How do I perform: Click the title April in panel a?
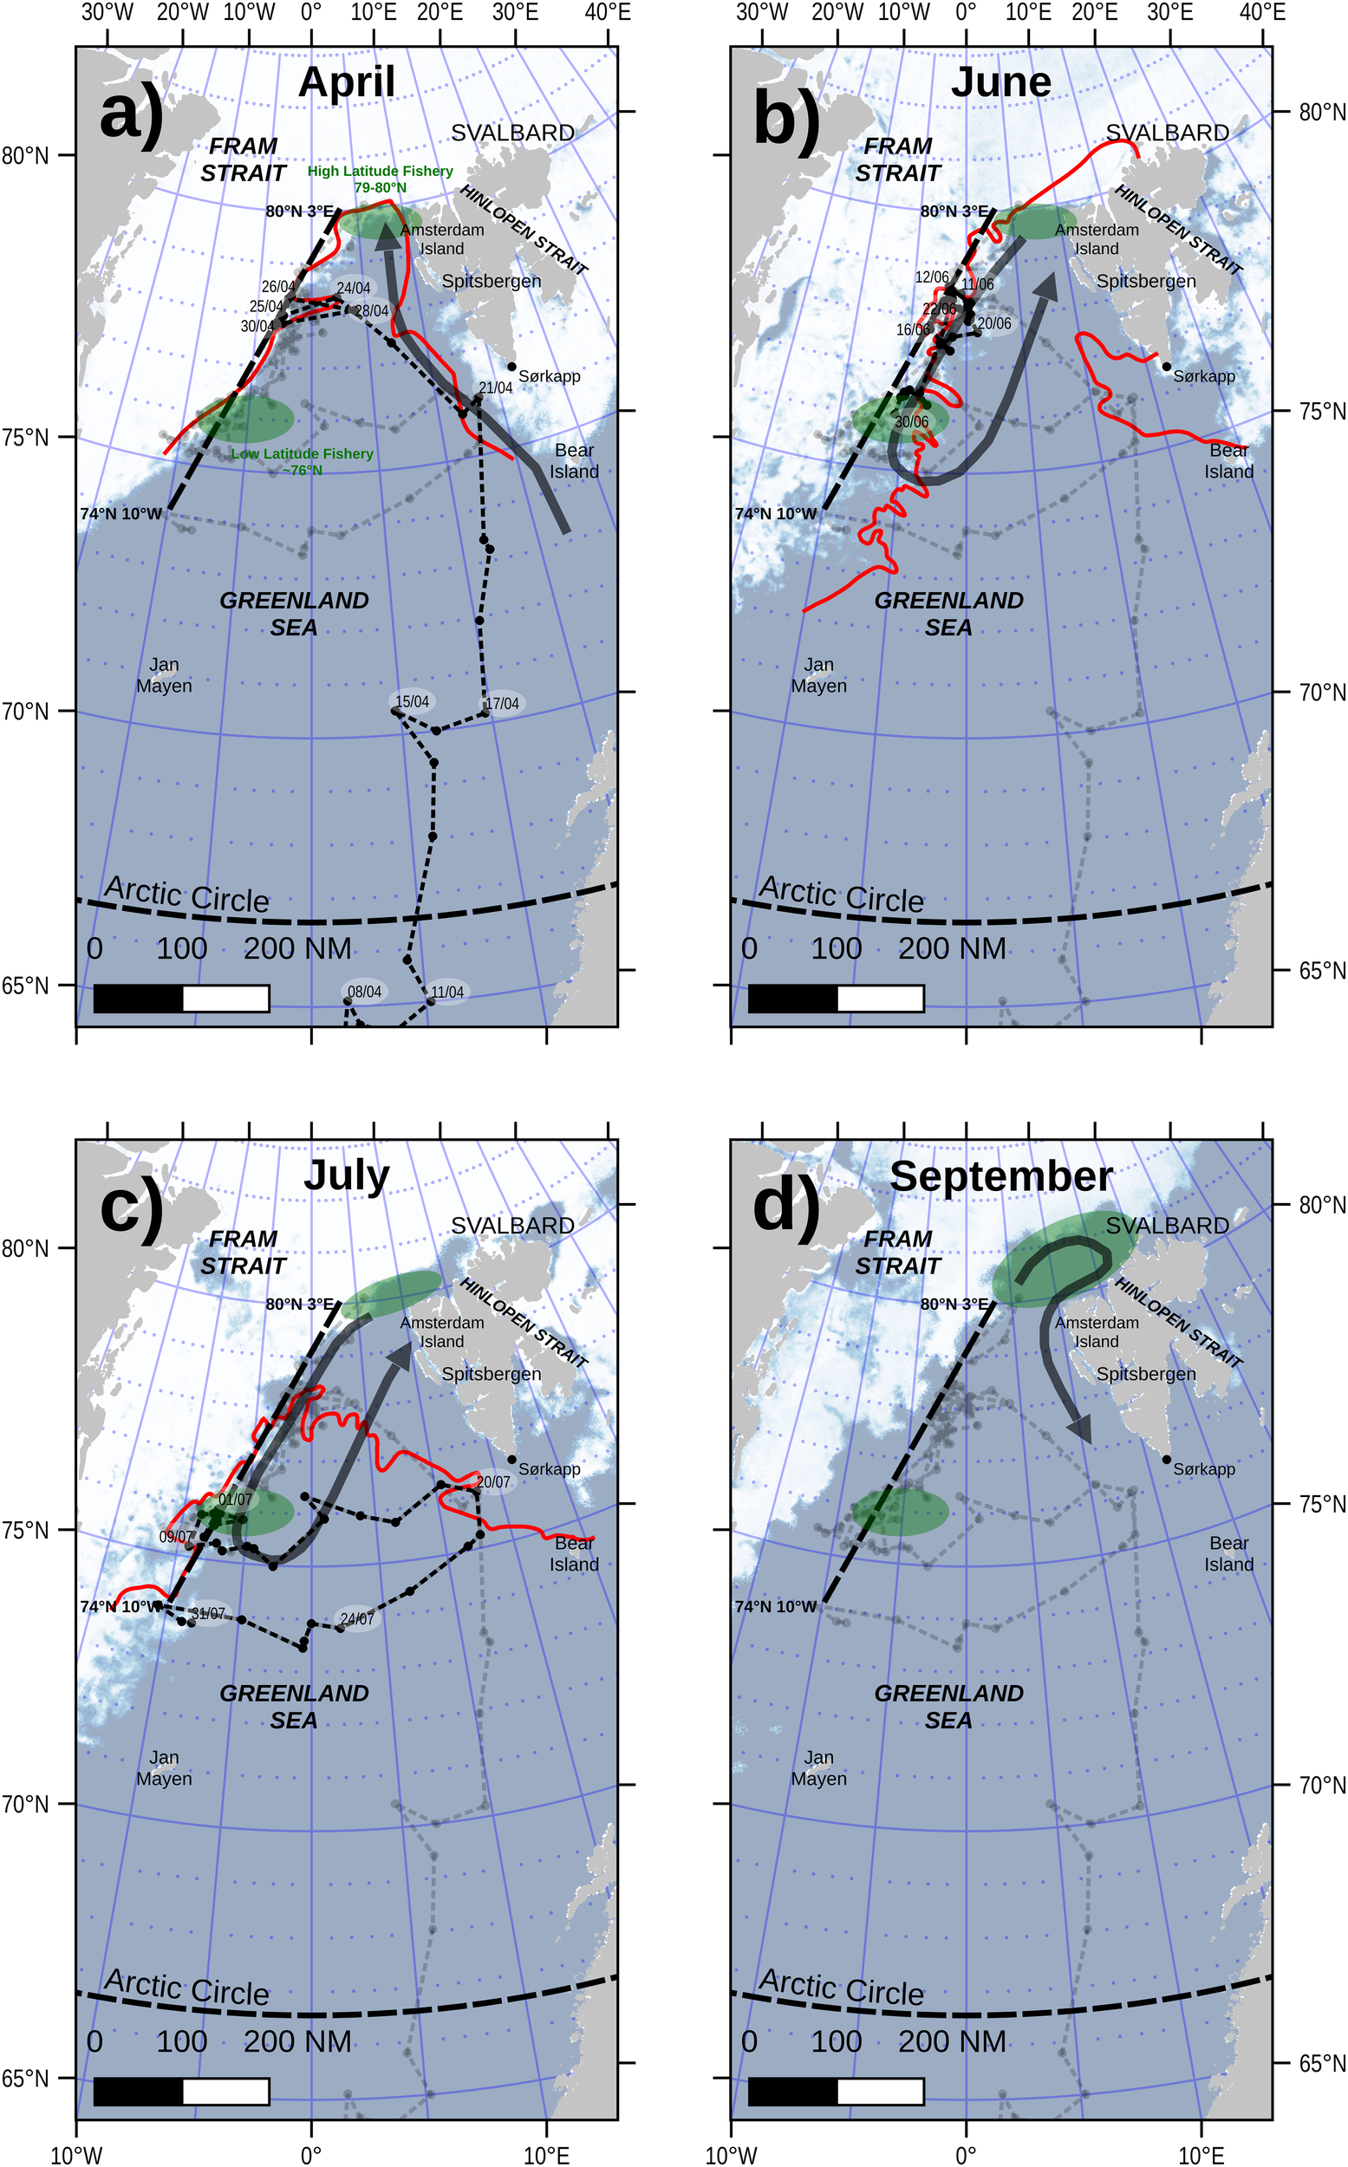click(346, 82)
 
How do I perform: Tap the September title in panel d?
click(1000, 1175)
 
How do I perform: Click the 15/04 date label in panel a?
click(412, 701)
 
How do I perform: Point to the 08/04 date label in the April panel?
click(364, 992)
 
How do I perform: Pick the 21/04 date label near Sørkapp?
click(496, 387)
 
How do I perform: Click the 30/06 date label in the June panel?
click(911, 421)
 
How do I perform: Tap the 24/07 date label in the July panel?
click(356, 1619)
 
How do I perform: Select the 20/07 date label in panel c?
click(493, 1481)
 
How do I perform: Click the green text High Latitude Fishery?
click(380, 171)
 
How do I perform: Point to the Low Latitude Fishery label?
click(303, 453)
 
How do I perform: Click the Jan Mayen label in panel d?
click(818, 1767)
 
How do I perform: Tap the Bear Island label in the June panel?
click(1228, 461)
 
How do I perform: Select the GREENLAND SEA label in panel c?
click(294, 1706)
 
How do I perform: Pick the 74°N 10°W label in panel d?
click(775, 1606)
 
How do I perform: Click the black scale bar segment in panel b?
click(792, 999)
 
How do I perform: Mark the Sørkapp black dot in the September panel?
click(1166, 1460)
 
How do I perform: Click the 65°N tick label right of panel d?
click(1321, 2063)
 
